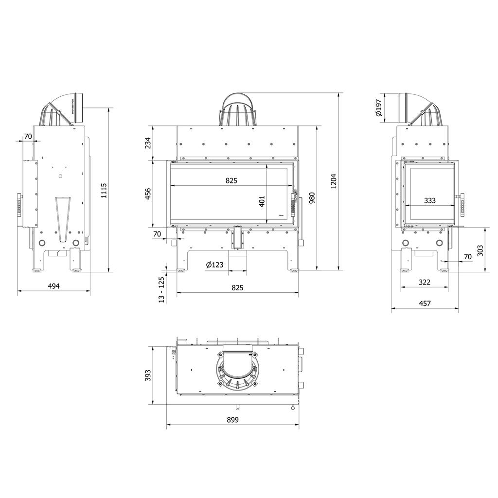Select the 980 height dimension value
[312, 198]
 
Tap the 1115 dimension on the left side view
[103, 190]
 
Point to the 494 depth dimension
[53, 286]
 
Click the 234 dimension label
[148, 142]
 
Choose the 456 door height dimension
[148, 194]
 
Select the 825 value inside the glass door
[231, 180]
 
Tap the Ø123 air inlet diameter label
[214, 265]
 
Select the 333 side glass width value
[429, 200]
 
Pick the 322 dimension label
[424, 282]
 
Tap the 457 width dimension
[425, 303]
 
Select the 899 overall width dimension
[232, 420]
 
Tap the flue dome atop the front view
[238, 110]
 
